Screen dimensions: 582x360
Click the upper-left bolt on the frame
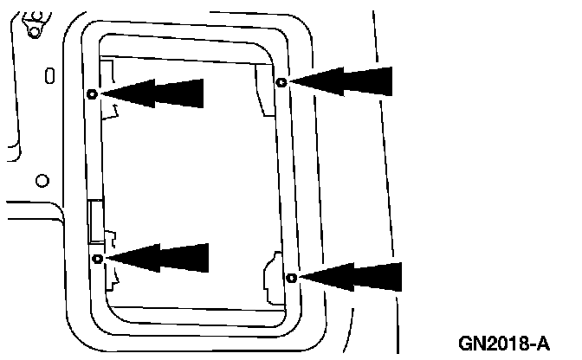[93, 93]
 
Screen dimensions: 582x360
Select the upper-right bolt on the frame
[281, 82]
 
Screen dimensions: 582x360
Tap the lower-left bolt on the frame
[98, 259]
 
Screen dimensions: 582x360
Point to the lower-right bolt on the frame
[291, 278]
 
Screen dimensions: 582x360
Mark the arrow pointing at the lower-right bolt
[351, 278]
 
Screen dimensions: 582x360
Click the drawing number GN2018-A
[506, 343]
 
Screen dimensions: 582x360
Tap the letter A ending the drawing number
[543, 343]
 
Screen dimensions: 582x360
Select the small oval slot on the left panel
[49, 75]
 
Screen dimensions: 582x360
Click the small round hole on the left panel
[42, 181]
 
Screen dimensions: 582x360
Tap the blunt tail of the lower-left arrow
[204, 258]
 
